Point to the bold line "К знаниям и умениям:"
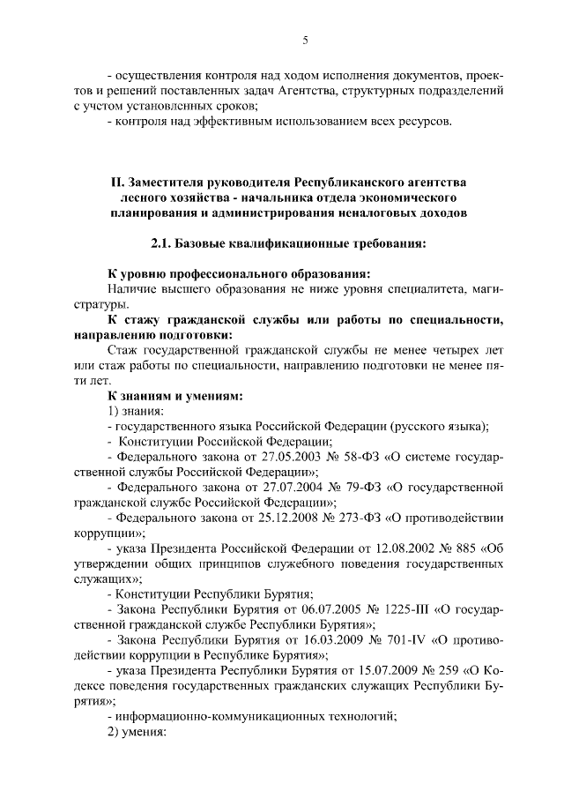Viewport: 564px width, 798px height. (168, 395)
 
